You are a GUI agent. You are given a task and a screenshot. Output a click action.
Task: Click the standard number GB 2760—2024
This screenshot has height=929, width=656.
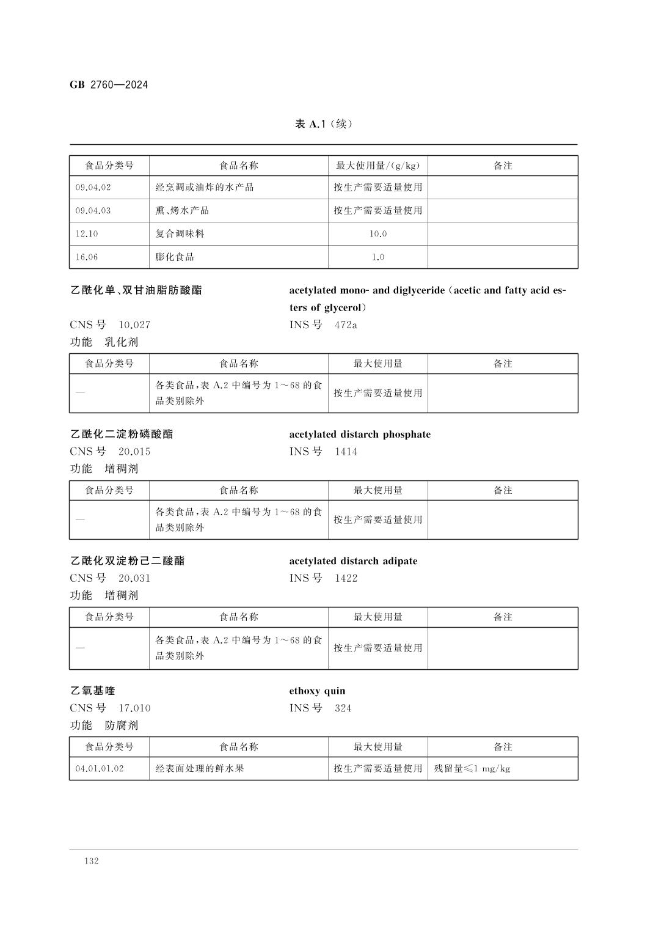coord(109,85)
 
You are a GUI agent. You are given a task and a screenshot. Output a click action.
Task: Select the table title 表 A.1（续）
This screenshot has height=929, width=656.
coord(324,124)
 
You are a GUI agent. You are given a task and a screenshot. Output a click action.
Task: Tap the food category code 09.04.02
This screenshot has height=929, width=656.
coord(93,188)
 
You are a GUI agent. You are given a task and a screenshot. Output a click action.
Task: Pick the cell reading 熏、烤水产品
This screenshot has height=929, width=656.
coord(182,211)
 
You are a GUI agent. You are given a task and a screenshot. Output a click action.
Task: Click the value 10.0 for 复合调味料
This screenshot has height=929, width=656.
coord(378,234)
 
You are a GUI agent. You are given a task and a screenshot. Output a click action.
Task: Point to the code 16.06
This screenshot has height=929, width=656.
coord(87,257)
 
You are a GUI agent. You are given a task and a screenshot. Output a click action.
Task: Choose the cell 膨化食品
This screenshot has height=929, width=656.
coord(175,257)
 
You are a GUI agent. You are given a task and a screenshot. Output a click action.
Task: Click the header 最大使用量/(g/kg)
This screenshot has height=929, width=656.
coord(378,166)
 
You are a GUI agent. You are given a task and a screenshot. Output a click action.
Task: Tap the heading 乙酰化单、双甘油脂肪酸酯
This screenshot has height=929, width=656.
coord(136,290)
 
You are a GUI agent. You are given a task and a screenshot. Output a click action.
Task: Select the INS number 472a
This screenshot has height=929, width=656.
coord(346,325)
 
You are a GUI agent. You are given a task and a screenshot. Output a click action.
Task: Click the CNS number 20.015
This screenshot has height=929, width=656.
coord(134,452)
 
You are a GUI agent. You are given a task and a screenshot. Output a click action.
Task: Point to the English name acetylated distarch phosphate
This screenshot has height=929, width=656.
coord(360,435)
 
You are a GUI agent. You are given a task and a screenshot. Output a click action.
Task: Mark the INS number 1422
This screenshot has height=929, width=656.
coord(346,578)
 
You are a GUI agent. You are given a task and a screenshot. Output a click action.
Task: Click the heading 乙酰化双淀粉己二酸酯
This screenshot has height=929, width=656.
coord(128,561)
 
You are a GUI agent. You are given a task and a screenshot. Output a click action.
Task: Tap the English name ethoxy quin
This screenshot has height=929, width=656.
coord(317,691)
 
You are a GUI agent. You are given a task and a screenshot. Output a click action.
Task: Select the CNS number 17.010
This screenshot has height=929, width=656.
coord(134,708)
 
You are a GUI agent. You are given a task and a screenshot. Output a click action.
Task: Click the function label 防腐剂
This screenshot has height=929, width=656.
coord(122,725)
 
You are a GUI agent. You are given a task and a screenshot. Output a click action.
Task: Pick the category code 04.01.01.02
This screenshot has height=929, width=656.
coord(100,769)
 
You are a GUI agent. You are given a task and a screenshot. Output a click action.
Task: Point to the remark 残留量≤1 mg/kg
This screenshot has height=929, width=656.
coord(472,769)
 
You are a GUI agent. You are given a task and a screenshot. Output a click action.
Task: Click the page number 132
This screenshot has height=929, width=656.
coord(92,861)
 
